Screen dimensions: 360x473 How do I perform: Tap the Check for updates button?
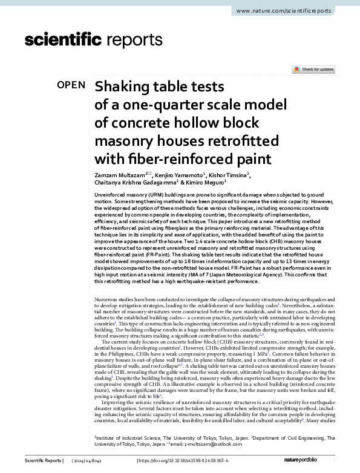[x=313, y=70]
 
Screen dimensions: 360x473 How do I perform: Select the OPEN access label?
[x=71, y=85]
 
